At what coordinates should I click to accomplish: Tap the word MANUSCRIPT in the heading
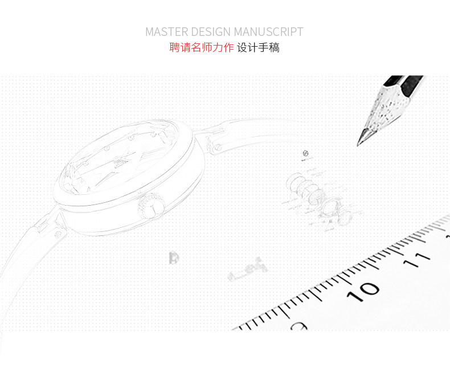(268, 32)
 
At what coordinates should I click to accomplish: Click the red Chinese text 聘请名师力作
(201, 48)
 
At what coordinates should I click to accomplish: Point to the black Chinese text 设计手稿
(258, 48)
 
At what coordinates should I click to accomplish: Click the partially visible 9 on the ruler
(298, 326)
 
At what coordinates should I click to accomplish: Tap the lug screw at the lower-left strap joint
(58, 234)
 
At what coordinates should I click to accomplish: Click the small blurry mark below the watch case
(174, 258)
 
